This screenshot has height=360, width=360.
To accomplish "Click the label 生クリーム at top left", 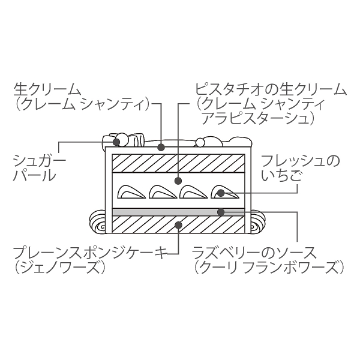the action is [47, 90].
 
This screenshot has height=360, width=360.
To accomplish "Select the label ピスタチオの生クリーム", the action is [271, 90].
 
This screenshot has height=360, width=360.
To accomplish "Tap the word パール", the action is [35, 176].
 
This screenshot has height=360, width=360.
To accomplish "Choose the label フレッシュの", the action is [301, 161].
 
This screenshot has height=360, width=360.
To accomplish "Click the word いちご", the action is [281, 175].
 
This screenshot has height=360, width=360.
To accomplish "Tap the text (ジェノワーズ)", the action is [59, 268].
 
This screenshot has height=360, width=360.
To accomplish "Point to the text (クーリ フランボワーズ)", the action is [269, 268].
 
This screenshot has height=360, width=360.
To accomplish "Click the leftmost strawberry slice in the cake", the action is [131, 192].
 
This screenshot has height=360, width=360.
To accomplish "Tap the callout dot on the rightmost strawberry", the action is [220, 193].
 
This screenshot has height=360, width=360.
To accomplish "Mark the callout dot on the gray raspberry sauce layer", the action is [221, 212].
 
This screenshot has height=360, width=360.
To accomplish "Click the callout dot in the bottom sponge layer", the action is [179, 224].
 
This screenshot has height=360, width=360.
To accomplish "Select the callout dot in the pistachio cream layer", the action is [178, 181].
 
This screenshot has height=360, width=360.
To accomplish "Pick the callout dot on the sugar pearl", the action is [117, 142].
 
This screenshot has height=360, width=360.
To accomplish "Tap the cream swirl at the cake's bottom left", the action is [97, 222].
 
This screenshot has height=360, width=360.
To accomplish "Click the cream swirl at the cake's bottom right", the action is [258, 222].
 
